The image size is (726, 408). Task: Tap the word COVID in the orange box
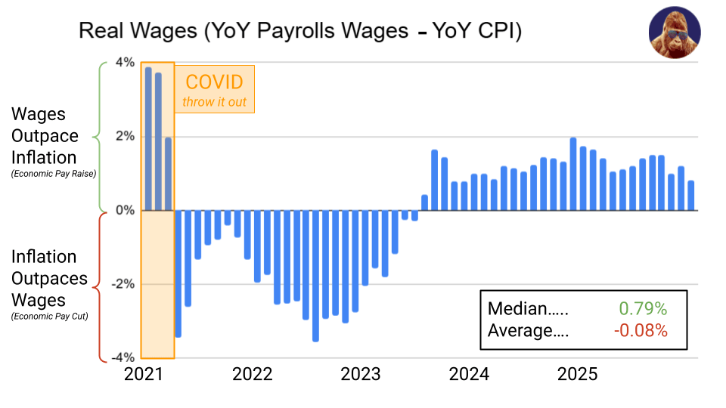[215, 82]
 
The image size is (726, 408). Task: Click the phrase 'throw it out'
[215, 102]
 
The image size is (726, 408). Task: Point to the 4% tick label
[125, 62]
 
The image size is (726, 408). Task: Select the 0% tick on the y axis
[125, 210]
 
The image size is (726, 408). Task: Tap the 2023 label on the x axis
[360, 374]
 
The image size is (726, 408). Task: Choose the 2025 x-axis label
[578, 374]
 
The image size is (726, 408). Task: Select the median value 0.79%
[643, 308]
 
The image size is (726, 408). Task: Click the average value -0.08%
[641, 330]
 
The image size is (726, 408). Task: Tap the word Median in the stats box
[517, 308]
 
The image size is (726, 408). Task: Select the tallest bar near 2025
[573, 174]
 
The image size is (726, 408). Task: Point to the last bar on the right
[690, 195]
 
